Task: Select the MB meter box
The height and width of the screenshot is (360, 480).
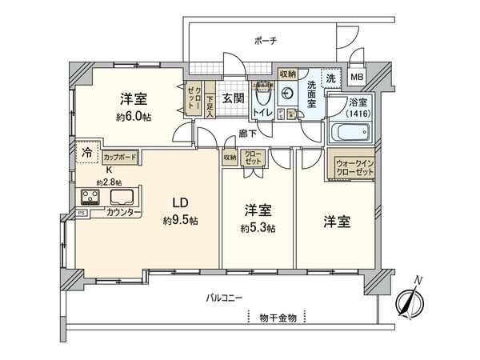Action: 358,77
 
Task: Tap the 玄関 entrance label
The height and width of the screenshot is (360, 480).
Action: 233,98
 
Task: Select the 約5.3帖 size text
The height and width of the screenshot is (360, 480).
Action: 258,228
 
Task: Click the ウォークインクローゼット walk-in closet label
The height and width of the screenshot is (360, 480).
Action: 352,166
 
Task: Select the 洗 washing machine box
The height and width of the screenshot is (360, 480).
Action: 330,78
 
